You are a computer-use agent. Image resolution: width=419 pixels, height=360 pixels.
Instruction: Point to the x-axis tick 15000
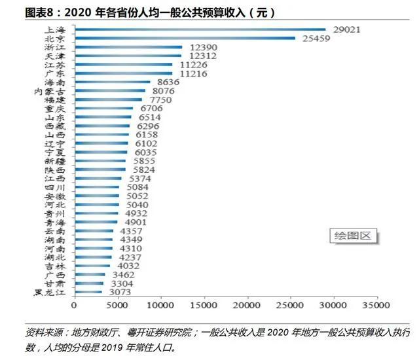[x=204, y=305]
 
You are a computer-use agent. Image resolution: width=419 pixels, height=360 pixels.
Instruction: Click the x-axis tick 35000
[x=376, y=305]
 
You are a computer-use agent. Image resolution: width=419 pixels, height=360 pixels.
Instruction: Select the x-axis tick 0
[x=75, y=305]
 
